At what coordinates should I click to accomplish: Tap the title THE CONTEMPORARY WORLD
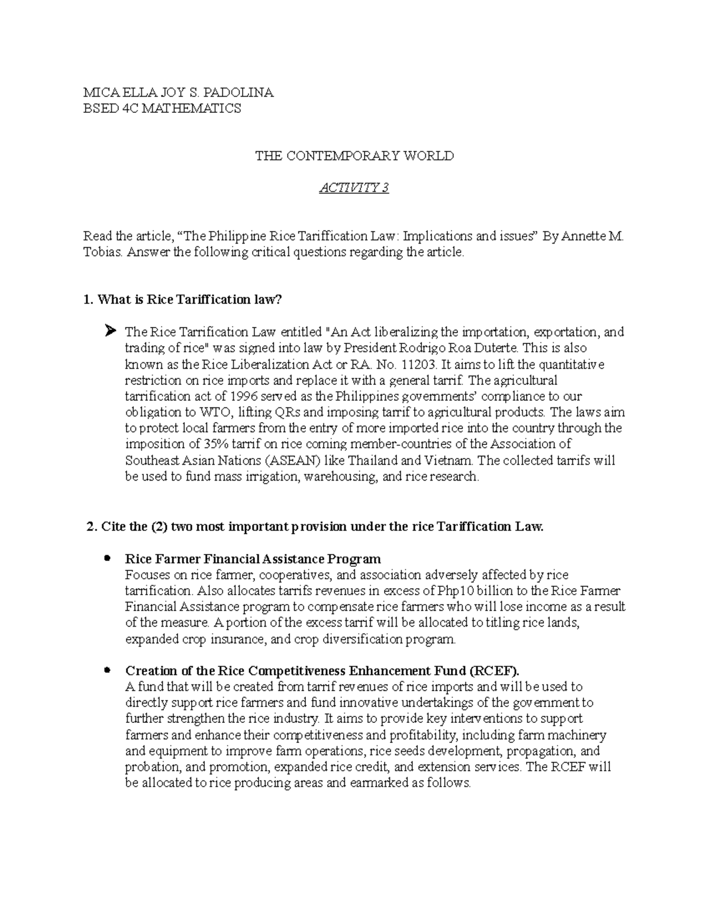[x=354, y=156]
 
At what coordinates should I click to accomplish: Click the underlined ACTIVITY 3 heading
[x=354, y=188]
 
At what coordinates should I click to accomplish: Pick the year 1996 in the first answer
[x=244, y=396]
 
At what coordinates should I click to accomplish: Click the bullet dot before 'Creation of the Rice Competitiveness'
[x=107, y=670]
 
